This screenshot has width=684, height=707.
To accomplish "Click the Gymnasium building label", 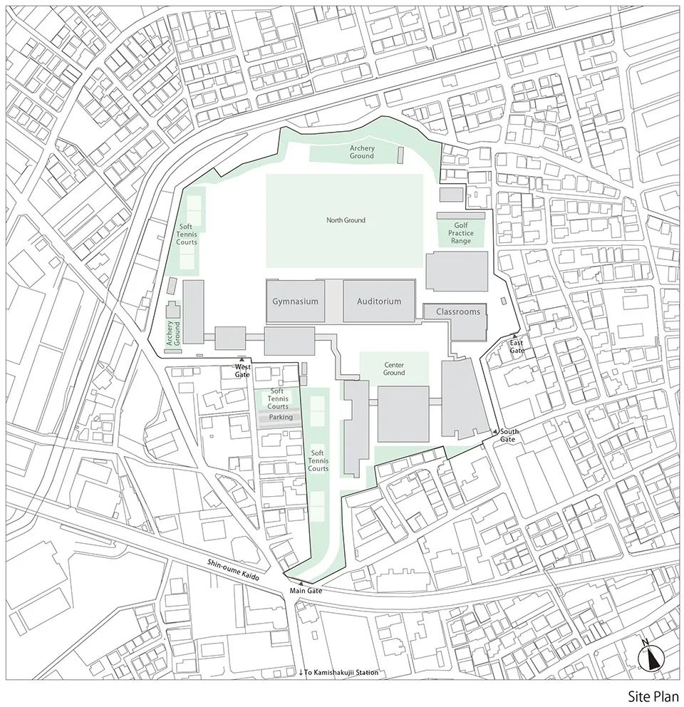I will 295,301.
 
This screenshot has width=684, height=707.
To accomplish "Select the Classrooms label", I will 457,312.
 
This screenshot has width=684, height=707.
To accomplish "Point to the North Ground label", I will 346,220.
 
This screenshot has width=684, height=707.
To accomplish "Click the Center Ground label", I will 393,368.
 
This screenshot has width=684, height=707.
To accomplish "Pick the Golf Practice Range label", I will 461,233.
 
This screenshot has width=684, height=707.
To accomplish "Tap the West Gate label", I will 243,371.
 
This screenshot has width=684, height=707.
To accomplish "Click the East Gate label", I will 517,347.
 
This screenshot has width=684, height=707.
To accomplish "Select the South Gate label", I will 509,435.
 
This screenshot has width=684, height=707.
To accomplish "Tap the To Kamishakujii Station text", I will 338,673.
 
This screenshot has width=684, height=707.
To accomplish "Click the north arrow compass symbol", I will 653,657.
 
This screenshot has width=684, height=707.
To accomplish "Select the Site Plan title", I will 653,695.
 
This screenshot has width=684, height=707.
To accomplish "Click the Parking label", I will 281,417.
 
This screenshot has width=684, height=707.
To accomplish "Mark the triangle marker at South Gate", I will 494,432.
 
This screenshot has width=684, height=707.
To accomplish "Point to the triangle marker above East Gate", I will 514,336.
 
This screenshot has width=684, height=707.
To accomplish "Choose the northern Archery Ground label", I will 362,152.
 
